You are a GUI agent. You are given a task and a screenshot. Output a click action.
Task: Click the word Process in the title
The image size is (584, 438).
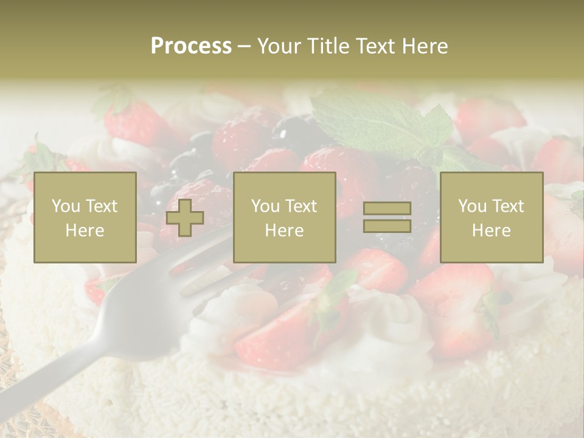click(x=191, y=46)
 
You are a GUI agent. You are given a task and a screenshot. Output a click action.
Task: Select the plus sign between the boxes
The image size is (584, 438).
click(x=185, y=218)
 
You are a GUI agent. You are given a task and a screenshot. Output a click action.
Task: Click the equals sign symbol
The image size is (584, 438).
click(x=387, y=217)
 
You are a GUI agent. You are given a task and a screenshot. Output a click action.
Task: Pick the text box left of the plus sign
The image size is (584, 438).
click(x=85, y=218)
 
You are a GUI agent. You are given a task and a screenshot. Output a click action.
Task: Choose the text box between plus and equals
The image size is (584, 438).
click(x=285, y=218)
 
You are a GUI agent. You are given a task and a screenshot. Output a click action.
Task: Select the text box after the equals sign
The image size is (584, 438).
click(x=492, y=218)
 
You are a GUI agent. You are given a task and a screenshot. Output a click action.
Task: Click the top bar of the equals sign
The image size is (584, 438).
click(x=387, y=209)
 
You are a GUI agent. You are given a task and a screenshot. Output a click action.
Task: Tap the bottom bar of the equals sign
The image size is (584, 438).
click(x=387, y=226)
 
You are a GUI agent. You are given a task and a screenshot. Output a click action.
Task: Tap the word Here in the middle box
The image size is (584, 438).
click(x=285, y=231)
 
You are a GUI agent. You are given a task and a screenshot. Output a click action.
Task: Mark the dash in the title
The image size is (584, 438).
click(x=244, y=46)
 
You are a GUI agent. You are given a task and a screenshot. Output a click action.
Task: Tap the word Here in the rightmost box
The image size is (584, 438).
click(x=492, y=231)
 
